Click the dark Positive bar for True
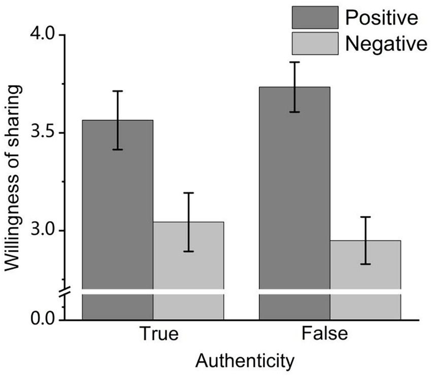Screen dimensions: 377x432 (x=117, y=213)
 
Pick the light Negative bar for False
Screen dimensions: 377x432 (x=365, y=269)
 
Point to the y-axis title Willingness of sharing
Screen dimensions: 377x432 (x=14, y=178)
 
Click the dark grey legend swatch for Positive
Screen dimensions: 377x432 (x=315, y=18)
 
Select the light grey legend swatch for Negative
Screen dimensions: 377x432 (x=315, y=43)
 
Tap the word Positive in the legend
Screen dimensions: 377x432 (x=381, y=18)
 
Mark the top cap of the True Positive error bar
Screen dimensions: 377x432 (x=117, y=91)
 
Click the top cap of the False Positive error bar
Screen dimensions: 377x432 (x=294, y=62)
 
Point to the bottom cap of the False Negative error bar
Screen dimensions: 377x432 (x=365, y=264)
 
